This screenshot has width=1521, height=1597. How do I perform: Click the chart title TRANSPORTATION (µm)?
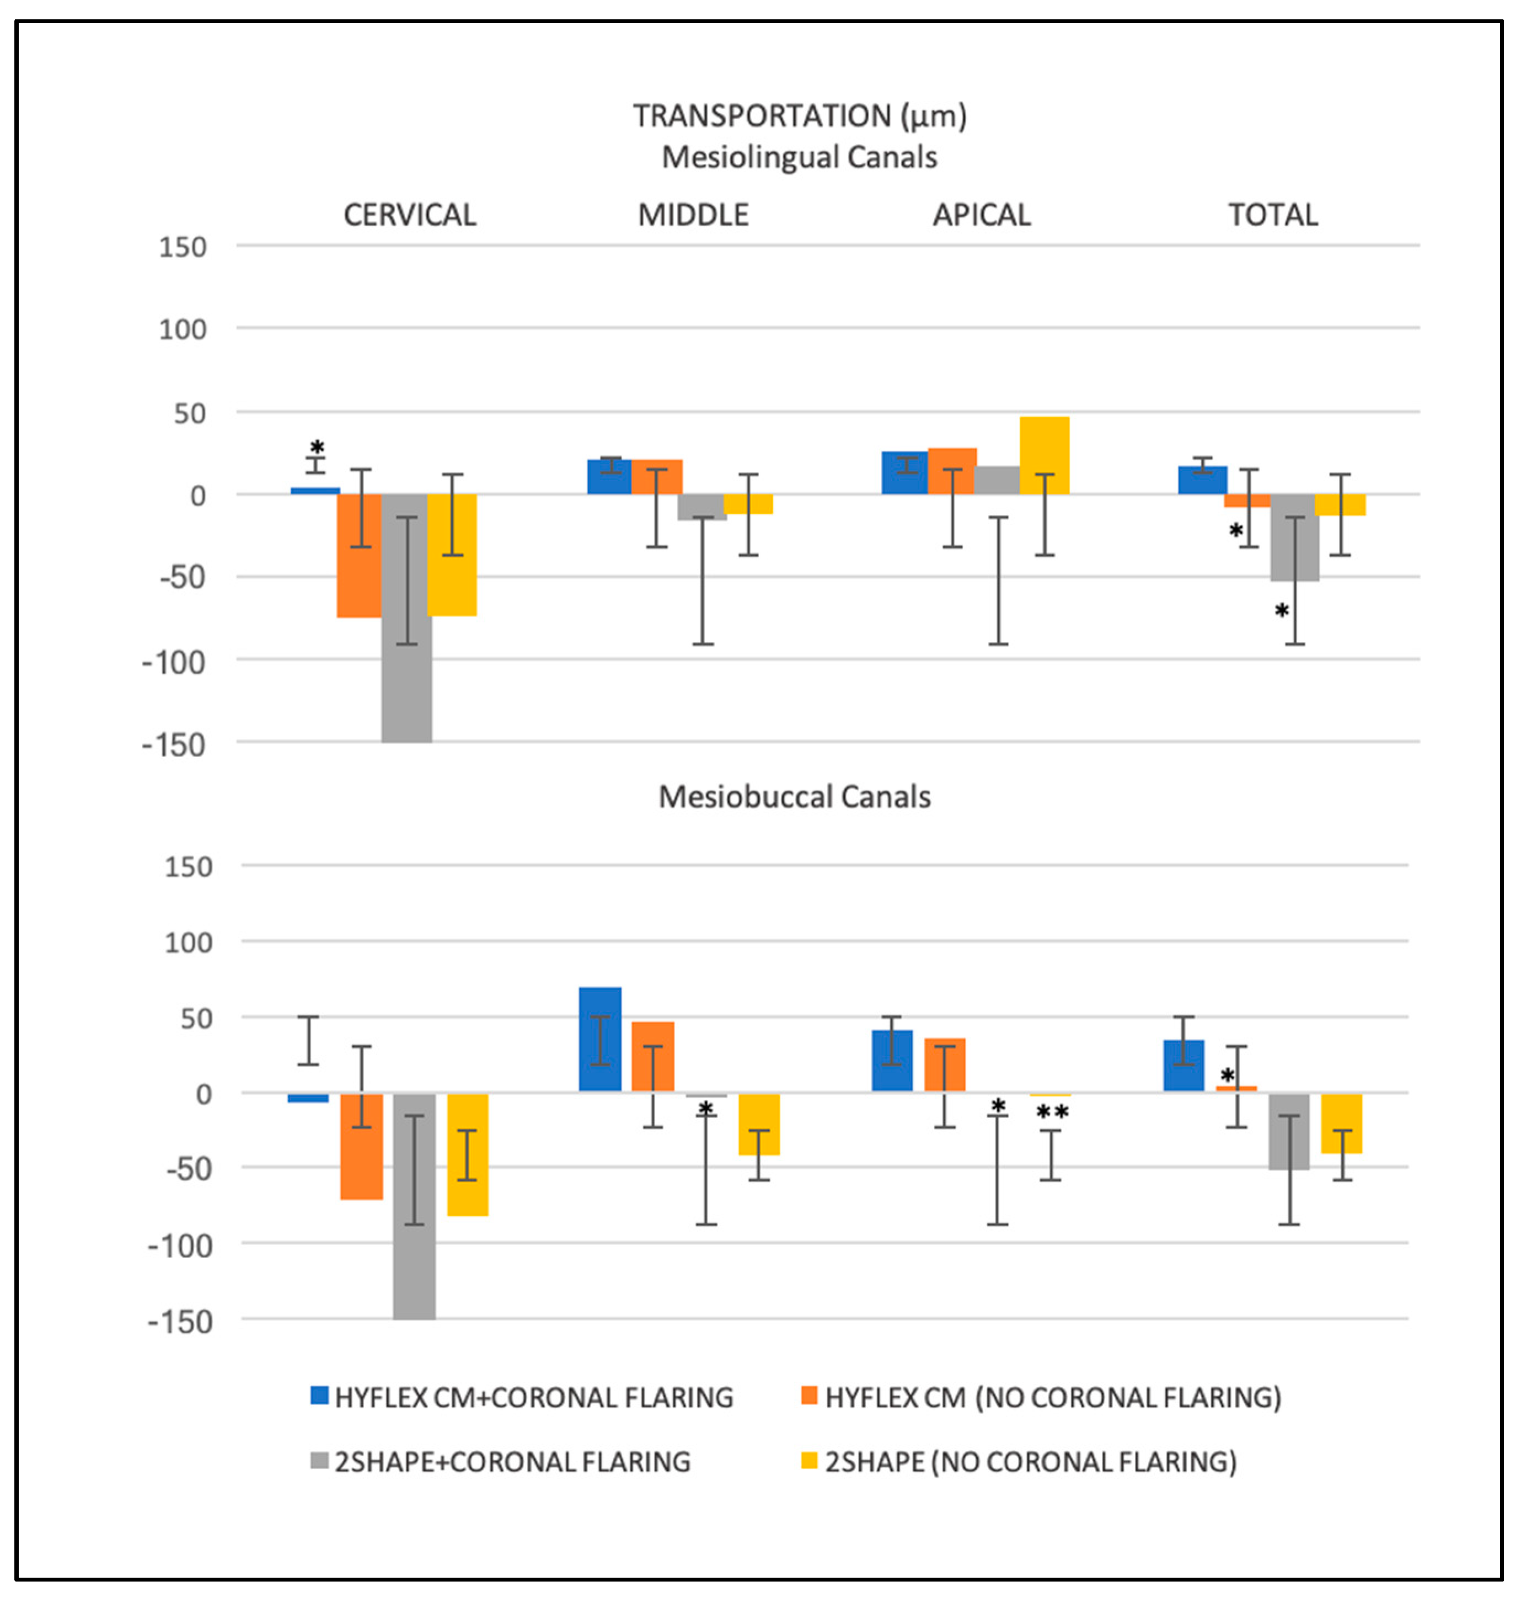[x=800, y=116]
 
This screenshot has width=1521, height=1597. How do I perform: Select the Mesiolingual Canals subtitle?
[x=800, y=157]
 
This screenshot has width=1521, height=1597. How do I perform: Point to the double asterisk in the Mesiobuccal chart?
[x=1052, y=1112]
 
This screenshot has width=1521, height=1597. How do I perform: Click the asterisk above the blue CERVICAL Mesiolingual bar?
[x=317, y=447]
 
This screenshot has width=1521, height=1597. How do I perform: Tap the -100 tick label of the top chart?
[x=174, y=663]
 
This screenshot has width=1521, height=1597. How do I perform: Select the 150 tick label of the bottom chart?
[x=188, y=867]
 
